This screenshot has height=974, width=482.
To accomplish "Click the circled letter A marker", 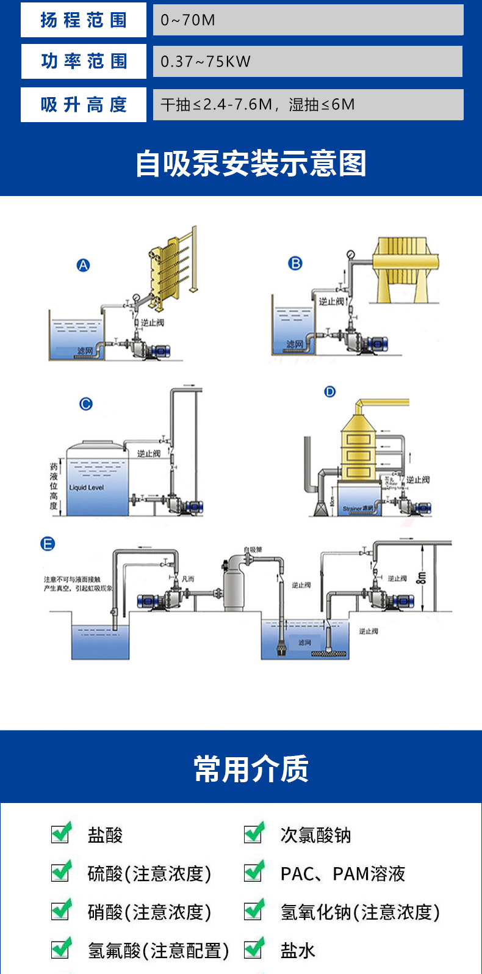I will [83, 265].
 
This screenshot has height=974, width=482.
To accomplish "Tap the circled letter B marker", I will [295, 263].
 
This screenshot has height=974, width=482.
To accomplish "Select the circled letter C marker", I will [86, 404].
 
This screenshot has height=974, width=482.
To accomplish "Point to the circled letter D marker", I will [330, 391].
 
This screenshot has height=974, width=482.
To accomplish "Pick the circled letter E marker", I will [48, 543].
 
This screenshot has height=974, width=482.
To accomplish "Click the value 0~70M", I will [188, 20].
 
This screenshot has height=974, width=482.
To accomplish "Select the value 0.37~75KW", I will [206, 62].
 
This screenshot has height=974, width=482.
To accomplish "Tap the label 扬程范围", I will [84, 20].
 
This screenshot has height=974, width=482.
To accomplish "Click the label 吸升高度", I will [84, 104].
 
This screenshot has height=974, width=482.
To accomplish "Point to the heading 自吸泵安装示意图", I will [250, 163].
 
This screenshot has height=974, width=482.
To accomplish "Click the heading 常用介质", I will [251, 769].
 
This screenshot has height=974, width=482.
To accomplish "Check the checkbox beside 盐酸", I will [61, 833].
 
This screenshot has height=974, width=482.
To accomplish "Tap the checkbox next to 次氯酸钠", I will [254, 833].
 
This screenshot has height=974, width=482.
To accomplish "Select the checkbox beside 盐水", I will [254, 949].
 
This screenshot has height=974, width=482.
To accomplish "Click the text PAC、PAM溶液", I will [343, 874].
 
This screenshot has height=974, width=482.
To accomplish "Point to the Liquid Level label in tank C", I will [86, 488].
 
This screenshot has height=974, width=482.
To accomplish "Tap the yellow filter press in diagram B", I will [405, 269].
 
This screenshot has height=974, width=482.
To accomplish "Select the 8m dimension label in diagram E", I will [420, 577].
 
